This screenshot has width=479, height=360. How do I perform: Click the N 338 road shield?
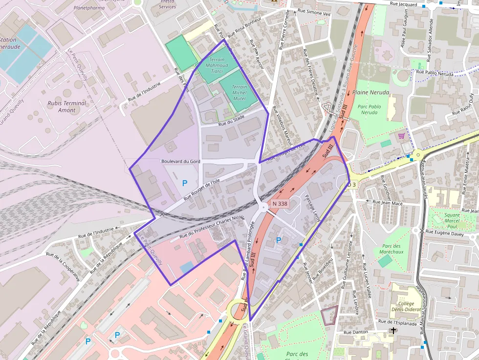(280, 203)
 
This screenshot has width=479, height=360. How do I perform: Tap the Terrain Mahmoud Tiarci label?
(217, 65)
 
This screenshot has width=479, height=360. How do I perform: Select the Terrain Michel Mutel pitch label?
(239, 92)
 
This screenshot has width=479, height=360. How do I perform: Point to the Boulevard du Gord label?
(181, 161)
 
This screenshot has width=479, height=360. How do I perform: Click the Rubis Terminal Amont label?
(67, 106)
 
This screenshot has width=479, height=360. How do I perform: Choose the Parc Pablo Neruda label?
(369, 109)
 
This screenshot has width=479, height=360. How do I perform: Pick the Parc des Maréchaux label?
(392, 249)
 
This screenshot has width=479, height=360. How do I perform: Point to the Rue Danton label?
(355, 332)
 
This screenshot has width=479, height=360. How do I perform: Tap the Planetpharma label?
(89, 8)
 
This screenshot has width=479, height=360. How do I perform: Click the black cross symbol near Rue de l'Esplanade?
(393, 331)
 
